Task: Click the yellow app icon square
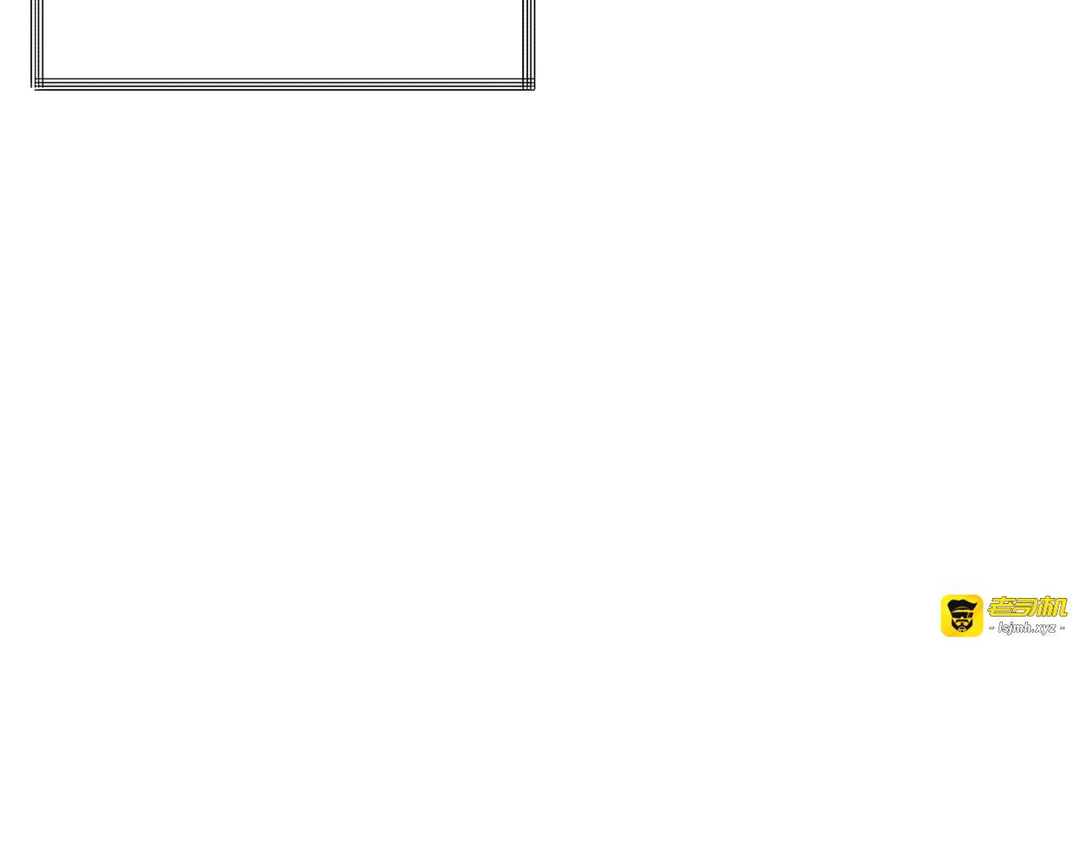click(961, 616)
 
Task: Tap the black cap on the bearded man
click(961, 605)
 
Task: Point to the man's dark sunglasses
click(961, 614)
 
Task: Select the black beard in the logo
click(961, 627)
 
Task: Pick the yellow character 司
click(1027, 606)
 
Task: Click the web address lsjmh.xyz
click(1027, 628)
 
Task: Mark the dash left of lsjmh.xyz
click(992, 628)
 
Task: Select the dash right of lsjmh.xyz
click(1061, 628)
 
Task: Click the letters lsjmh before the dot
click(1014, 628)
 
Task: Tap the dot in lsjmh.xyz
click(1032, 631)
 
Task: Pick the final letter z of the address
click(1052, 628)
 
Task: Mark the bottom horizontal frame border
click(280, 84)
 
